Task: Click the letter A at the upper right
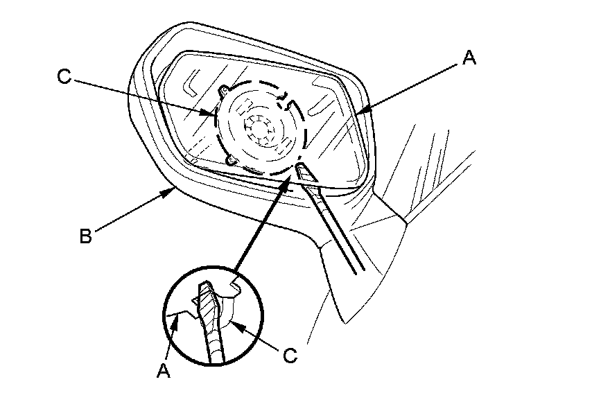pos(469,60)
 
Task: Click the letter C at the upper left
pos(64,78)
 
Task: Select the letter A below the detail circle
pos(164,371)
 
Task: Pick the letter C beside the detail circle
pos(291,356)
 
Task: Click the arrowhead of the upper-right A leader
pos(361,113)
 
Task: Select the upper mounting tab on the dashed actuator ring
pos(225,89)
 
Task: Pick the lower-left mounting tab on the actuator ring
pos(231,161)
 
